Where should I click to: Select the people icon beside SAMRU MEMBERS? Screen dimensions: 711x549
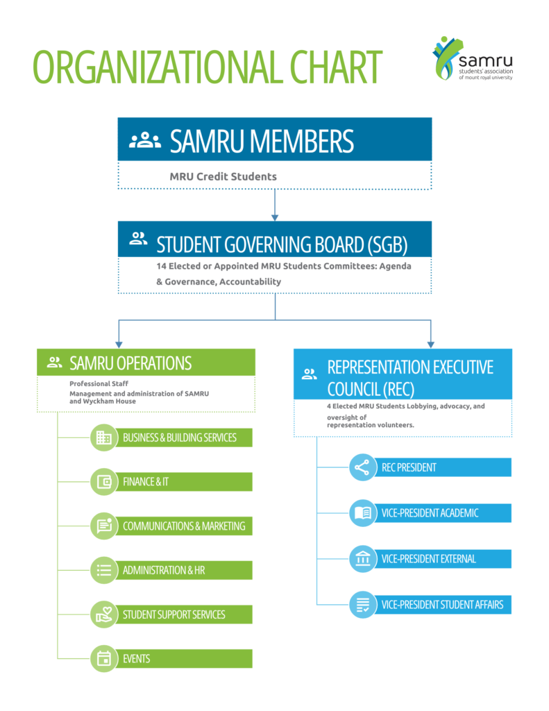(x=145, y=140)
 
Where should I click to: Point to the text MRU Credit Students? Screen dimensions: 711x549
(x=223, y=176)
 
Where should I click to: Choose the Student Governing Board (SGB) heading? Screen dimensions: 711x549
(x=282, y=244)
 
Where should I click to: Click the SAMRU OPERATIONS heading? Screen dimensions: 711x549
(x=130, y=362)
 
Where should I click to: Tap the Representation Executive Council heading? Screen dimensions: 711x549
(x=410, y=377)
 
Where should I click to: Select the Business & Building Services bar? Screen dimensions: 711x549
(x=180, y=437)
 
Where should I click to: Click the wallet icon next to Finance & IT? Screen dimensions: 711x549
(x=104, y=482)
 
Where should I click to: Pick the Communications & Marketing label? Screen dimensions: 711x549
(x=184, y=526)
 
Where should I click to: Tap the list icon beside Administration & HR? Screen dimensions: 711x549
(x=104, y=570)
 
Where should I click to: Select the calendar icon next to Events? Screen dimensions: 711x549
(x=104, y=658)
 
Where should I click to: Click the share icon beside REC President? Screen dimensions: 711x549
(x=362, y=468)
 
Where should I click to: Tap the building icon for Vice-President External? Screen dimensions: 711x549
(x=362, y=559)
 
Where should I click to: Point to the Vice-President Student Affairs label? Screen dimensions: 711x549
(x=442, y=605)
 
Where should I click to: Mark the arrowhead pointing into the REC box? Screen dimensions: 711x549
(x=430, y=343)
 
